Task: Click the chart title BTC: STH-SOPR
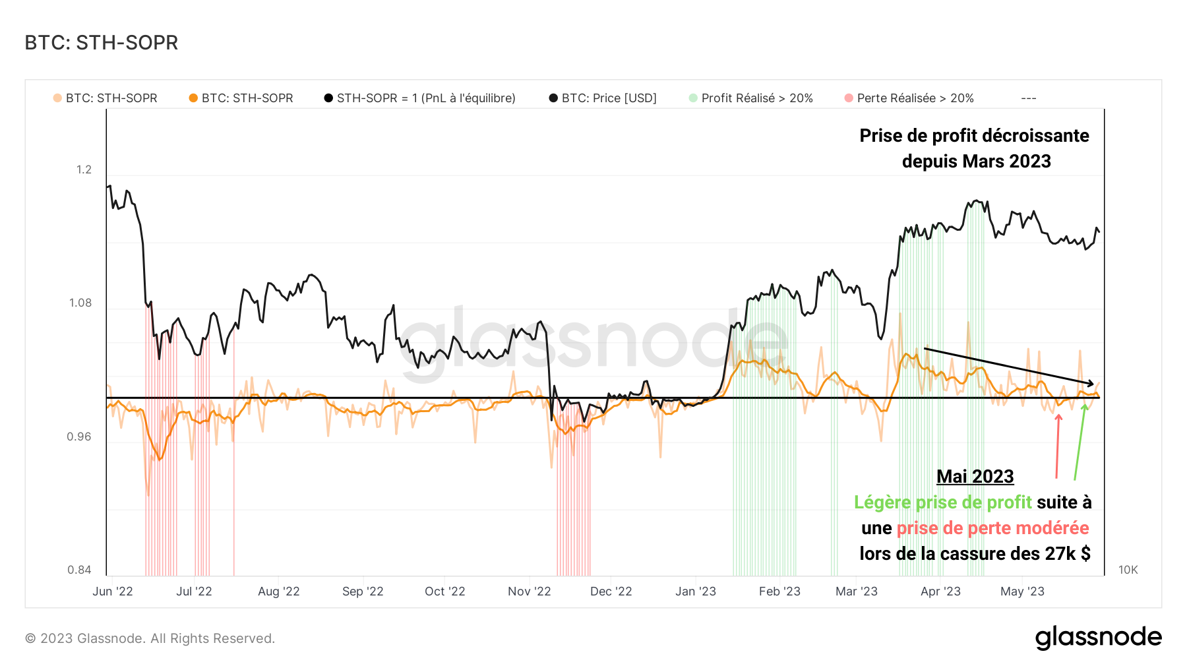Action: pyautogui.click(x=102, y=43)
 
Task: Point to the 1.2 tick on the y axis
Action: pyautogui.click(x=84, y=169)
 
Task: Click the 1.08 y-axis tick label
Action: pyautogui.click(x=80, y=303)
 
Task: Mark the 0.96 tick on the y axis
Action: pyautogui.click(x=79, y=437)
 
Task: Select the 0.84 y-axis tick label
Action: pyautogui.click(x=79, y=570)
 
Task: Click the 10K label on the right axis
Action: pyautogui.click(x=1128, y=570)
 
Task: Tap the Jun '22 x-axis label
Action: pyautogui.click(x=113, y=592)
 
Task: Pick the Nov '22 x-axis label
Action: pyautogui.click(x=529, y=592)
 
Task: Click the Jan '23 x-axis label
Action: pyautogui.click(x=695, y=592)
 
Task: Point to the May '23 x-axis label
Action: pyautogui.click(x=1022, y=592)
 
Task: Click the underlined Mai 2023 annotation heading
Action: pyautogui.click(x=975, y=476)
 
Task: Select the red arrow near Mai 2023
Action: pyautogui.click(x=1058, y=445)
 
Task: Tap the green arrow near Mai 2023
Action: pyautogui.click(x=1080, y=442)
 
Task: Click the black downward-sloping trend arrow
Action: pyautogui.click(x=1009, y=366)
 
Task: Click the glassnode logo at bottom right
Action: pyautogui.click(x=1098, y=638)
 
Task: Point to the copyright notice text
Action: pyautogui.click(x=150, y=638)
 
